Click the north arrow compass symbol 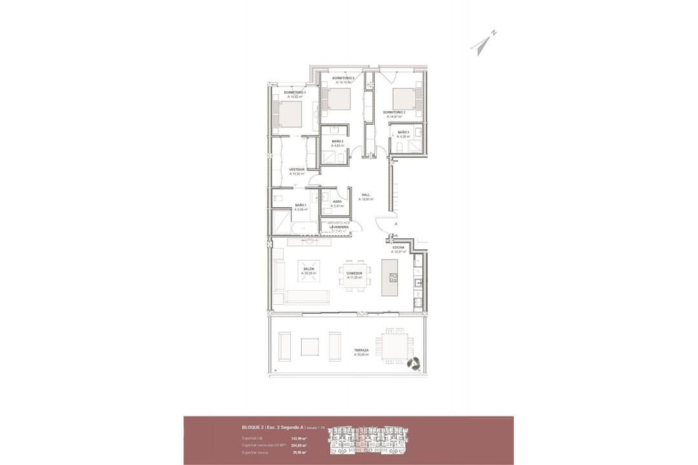point(482,43)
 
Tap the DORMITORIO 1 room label point(295,93)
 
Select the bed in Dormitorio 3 point(403,98)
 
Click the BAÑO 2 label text point(337,141)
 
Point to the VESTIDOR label point(297,169)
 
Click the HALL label point(366,194)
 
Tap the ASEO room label point(337,201)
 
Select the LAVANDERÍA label point(339,227)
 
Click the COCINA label point(398,247)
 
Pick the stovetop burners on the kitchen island point(393,277)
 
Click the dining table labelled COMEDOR point(354,276)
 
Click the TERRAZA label point(361,349)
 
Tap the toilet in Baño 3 point(399,148)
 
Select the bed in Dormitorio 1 point(289,115)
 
